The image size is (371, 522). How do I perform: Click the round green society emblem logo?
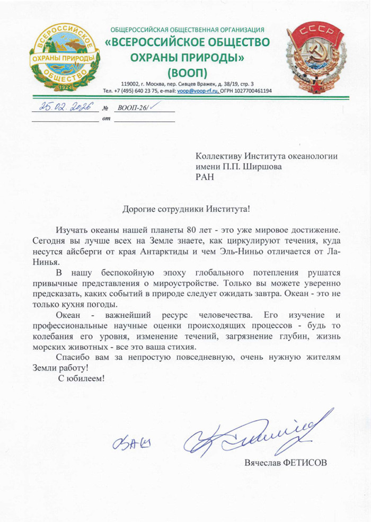point(64,58)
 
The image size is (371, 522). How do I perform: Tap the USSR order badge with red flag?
point(316,58)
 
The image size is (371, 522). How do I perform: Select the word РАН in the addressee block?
point(205,178)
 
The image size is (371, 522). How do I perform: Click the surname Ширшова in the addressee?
point(260,166)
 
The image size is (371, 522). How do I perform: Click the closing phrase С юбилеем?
point(82,379)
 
